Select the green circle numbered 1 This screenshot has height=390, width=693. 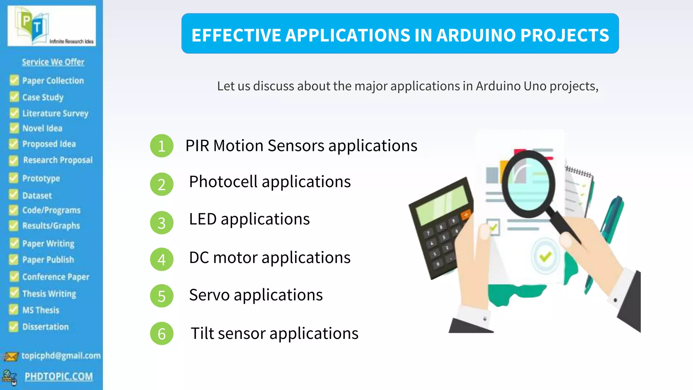[x=162, y=146]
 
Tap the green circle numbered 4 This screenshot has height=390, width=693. [x=162, y=259]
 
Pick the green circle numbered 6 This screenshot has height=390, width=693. [x=162, y=333]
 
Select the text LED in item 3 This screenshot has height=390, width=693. [x=203, y=219]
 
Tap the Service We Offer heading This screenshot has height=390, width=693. [x=53, y=62]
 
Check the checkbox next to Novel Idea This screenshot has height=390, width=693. [x=14, y=128]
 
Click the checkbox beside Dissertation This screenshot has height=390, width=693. [x=14, y=326]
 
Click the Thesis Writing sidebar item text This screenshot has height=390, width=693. [x=49, y=294]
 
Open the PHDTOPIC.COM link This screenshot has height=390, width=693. [x=59, y=376]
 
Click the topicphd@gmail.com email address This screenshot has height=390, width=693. [x=61, y=355]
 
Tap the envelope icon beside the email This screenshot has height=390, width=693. [x=10, y=356]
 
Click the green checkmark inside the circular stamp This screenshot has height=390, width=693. [x=545, y=256]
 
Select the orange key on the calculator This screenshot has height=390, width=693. [x=466, y=215]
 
